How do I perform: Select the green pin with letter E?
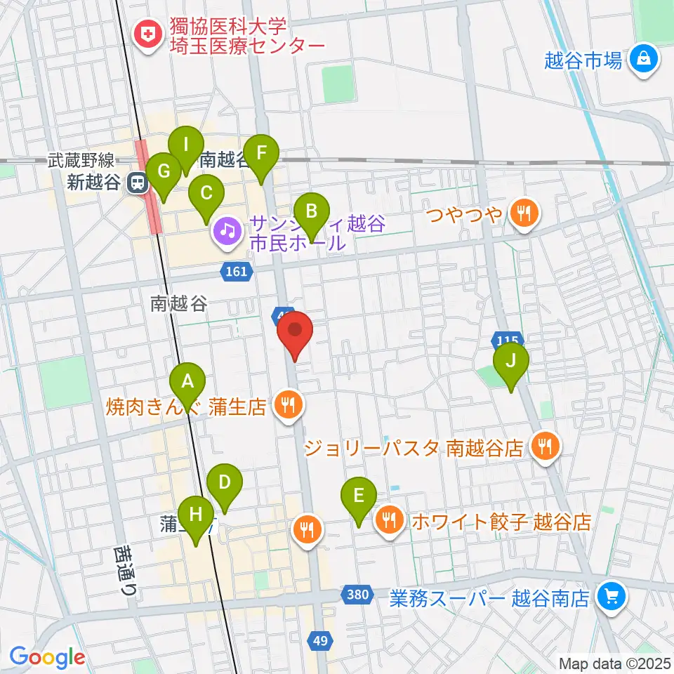(358, 496)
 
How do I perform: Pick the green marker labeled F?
(261, 153)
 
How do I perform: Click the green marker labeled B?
(310, 211)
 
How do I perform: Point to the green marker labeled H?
(196, 514)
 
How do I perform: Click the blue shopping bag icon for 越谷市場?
(643, 60)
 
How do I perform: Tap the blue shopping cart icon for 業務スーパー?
(607, 597)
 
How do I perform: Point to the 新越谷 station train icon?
(137, 183)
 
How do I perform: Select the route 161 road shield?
(237, 271)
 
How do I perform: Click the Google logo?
(47, 657)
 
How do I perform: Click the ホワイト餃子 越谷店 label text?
(501, 522)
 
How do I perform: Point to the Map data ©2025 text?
(614, 663)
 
